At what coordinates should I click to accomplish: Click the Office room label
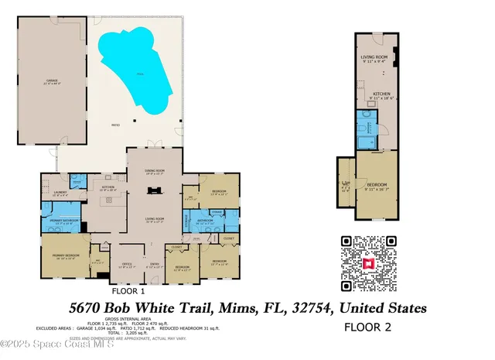click(x=128, y=265)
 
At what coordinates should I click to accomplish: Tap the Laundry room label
click(x=59, y=194)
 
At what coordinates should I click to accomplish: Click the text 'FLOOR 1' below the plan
click(x=128, y=292)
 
